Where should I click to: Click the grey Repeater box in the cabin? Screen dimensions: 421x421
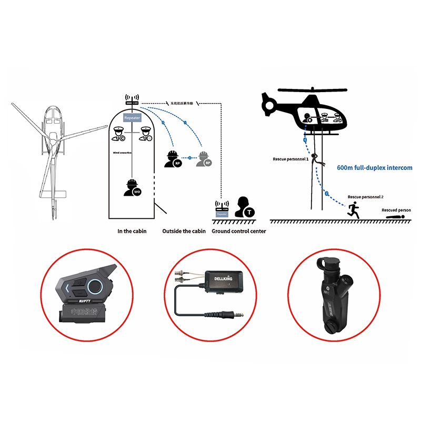click(132, 118)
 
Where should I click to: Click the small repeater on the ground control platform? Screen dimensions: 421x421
click(222, 209)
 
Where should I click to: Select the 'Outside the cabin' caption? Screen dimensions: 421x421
click(184, 231)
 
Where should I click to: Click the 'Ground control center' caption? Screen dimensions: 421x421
click(239, 231)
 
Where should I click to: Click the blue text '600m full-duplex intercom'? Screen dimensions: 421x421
click(374, 168)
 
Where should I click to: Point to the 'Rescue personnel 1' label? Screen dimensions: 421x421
click(290, 158)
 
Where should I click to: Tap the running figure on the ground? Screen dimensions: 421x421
click(353, 210)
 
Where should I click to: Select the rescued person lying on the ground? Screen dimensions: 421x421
click(396, 216)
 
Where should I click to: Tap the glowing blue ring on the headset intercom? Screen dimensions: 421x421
click(94, 286)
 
